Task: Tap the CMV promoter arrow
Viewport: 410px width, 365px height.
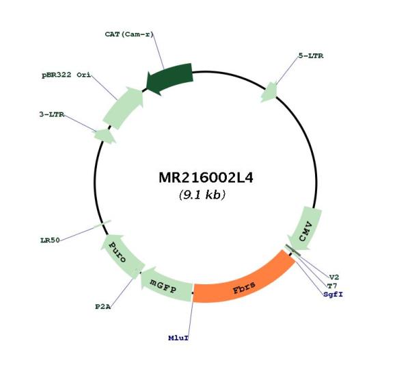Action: pos(307,227)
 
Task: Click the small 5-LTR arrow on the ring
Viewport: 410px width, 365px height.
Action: pos(269,92)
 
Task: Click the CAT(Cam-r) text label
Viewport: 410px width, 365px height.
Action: pos(130,33)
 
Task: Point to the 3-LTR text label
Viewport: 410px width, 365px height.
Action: pos(51,114)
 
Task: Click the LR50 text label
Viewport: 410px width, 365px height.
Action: pos(50,240)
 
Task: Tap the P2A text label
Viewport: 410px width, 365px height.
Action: pos(103,306)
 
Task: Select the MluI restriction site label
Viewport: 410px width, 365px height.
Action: pos(178,338)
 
